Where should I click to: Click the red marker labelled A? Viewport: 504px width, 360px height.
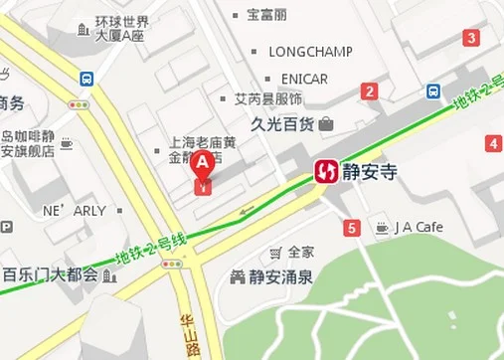point(203,165)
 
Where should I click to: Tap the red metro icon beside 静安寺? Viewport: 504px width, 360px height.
point(326,172)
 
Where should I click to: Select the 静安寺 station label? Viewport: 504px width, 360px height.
point(370,172)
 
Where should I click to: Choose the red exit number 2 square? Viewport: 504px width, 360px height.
point(370,92)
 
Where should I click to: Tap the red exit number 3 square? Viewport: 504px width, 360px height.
point(471,39)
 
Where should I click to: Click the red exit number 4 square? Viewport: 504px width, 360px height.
point(493,144)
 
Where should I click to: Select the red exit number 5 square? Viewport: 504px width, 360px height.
point(352,230)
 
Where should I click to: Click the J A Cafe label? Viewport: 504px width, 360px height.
point(419,228)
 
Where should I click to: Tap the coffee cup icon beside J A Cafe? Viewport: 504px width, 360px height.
point(382,228)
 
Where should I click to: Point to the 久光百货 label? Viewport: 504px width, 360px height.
point(282,124)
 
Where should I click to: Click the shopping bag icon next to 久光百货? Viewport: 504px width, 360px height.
point(327,124)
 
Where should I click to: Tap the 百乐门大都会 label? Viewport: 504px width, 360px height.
point(50,274)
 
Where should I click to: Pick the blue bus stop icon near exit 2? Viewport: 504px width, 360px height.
point(434,91)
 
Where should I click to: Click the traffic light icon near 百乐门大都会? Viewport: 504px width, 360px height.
point(174,265)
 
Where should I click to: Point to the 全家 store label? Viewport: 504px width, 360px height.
point(300,252)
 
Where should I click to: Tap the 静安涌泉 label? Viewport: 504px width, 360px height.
point(280,275)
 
